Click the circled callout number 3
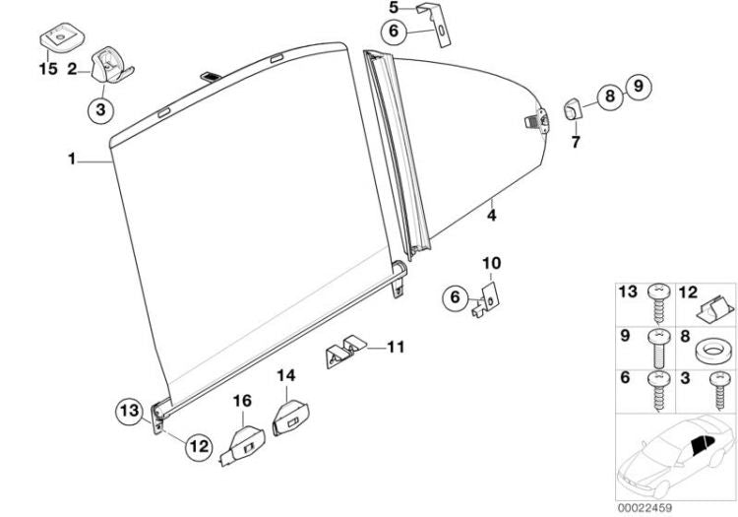(100, 109)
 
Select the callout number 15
(48, 69)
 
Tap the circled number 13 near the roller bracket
(129, 410)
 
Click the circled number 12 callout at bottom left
(199, 445)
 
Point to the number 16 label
(243, 401)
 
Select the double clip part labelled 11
(345, 351)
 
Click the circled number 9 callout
(638, 87)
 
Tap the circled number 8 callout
(610, 97)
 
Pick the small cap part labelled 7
(573, 108)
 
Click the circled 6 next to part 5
(394, 32)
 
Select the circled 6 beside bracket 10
(455, 297)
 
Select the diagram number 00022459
(645, 508)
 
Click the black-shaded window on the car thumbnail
(703, 444)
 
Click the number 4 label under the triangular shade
(491, 216)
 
